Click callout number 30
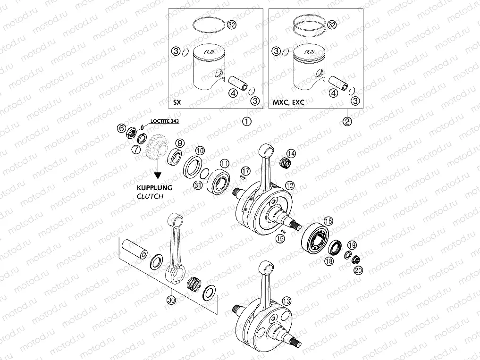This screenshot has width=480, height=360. pyautogui.click(x=171, y=299)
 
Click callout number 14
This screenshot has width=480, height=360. pyautogui.click(x=291, y=153)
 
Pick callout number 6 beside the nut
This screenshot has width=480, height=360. pyautogui.click(x=121, y=128)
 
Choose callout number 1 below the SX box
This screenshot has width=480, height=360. pyautogui.click(x=246, y=121)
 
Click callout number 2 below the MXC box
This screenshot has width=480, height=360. pyautogui.click(x=347, y=121)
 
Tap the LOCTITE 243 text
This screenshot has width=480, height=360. pyautogui.click(x=164, y=121)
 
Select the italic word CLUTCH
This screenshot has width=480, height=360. pyautogui.click(x=150, y=196)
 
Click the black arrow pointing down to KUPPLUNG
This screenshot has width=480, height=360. pyautogui.click(x=157, y=169)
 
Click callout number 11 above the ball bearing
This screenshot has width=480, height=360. pyautogui.click(x=225, y=163)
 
